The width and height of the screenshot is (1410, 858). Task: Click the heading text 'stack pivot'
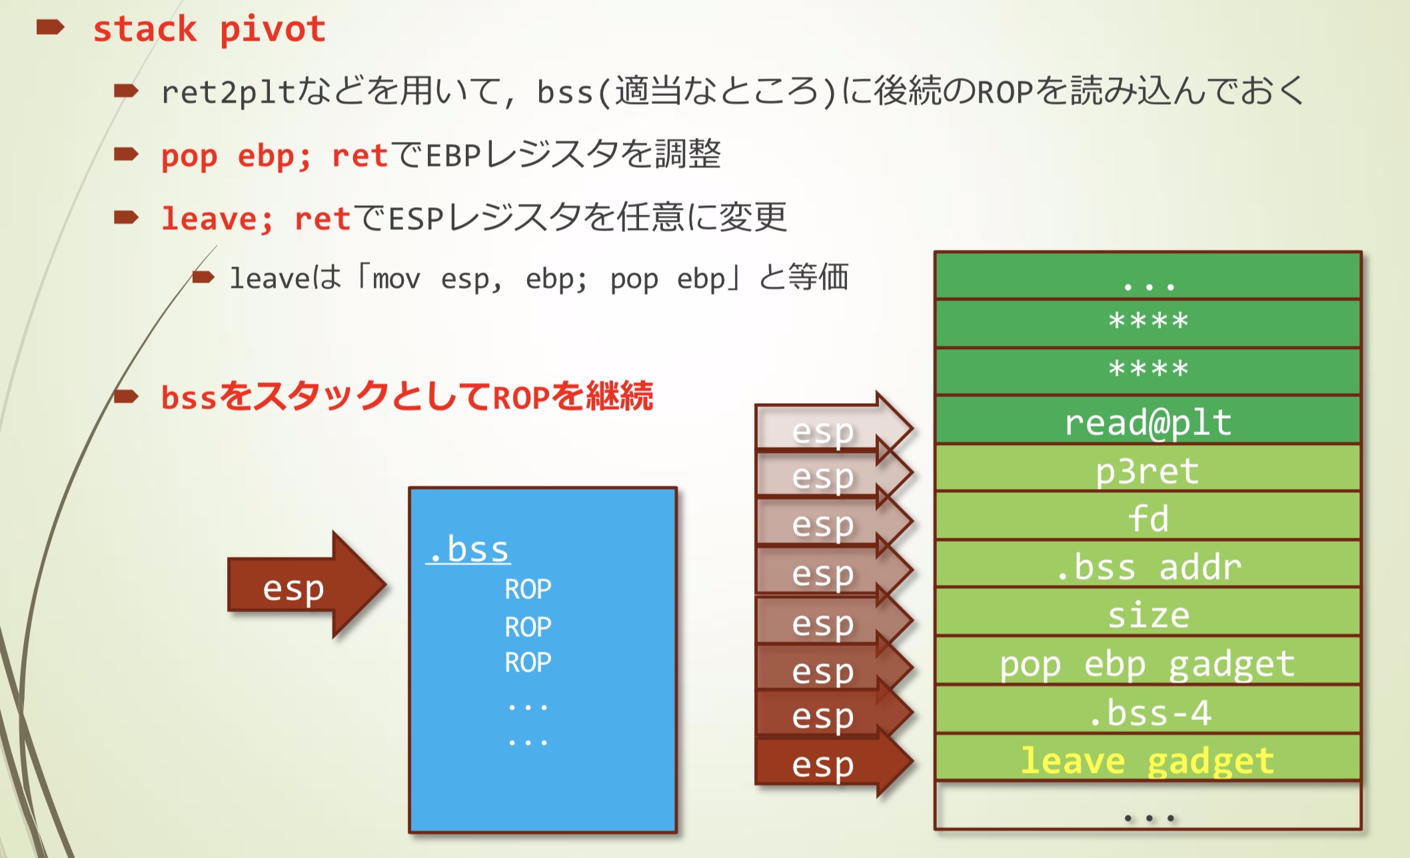pos(209,30)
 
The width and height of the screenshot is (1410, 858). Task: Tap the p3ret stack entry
pos(1147,471)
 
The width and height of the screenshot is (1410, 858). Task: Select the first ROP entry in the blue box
pos(528,590)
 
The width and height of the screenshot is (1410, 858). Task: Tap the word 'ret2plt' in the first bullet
pos(227,92)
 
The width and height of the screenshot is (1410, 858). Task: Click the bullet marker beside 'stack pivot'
pos(51,27)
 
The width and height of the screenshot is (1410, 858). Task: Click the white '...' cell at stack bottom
pos(1147,808)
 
